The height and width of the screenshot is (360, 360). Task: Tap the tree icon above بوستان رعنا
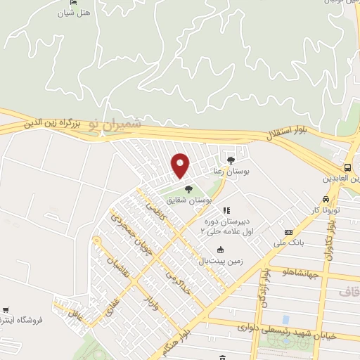click(231, 161)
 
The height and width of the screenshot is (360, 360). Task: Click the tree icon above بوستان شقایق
click(188, 188)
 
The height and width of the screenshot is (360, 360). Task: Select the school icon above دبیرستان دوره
click(226, 210)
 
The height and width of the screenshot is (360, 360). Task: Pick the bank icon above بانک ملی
click(288, 232)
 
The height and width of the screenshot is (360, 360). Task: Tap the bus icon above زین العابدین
click(347, 167)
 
